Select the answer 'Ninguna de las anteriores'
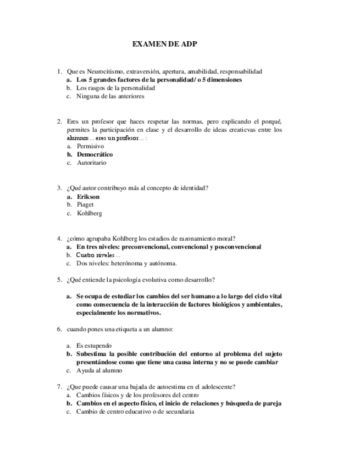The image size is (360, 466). click(x=110, y=96)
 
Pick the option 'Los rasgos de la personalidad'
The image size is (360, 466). click(x=115, y=87)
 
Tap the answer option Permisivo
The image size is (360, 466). click(x=90, y=146)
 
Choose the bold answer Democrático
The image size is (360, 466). click(x=95, y=154)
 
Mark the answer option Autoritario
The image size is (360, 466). click(x=92, y=163)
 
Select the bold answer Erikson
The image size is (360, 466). click(x=88, y=196)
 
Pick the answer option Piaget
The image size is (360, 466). click(x=85, y=204)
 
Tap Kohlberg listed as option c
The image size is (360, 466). click(x=89, y=213)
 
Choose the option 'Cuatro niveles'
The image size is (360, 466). click(x=95, y=255)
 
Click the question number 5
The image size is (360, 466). click(x=59, y=280)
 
